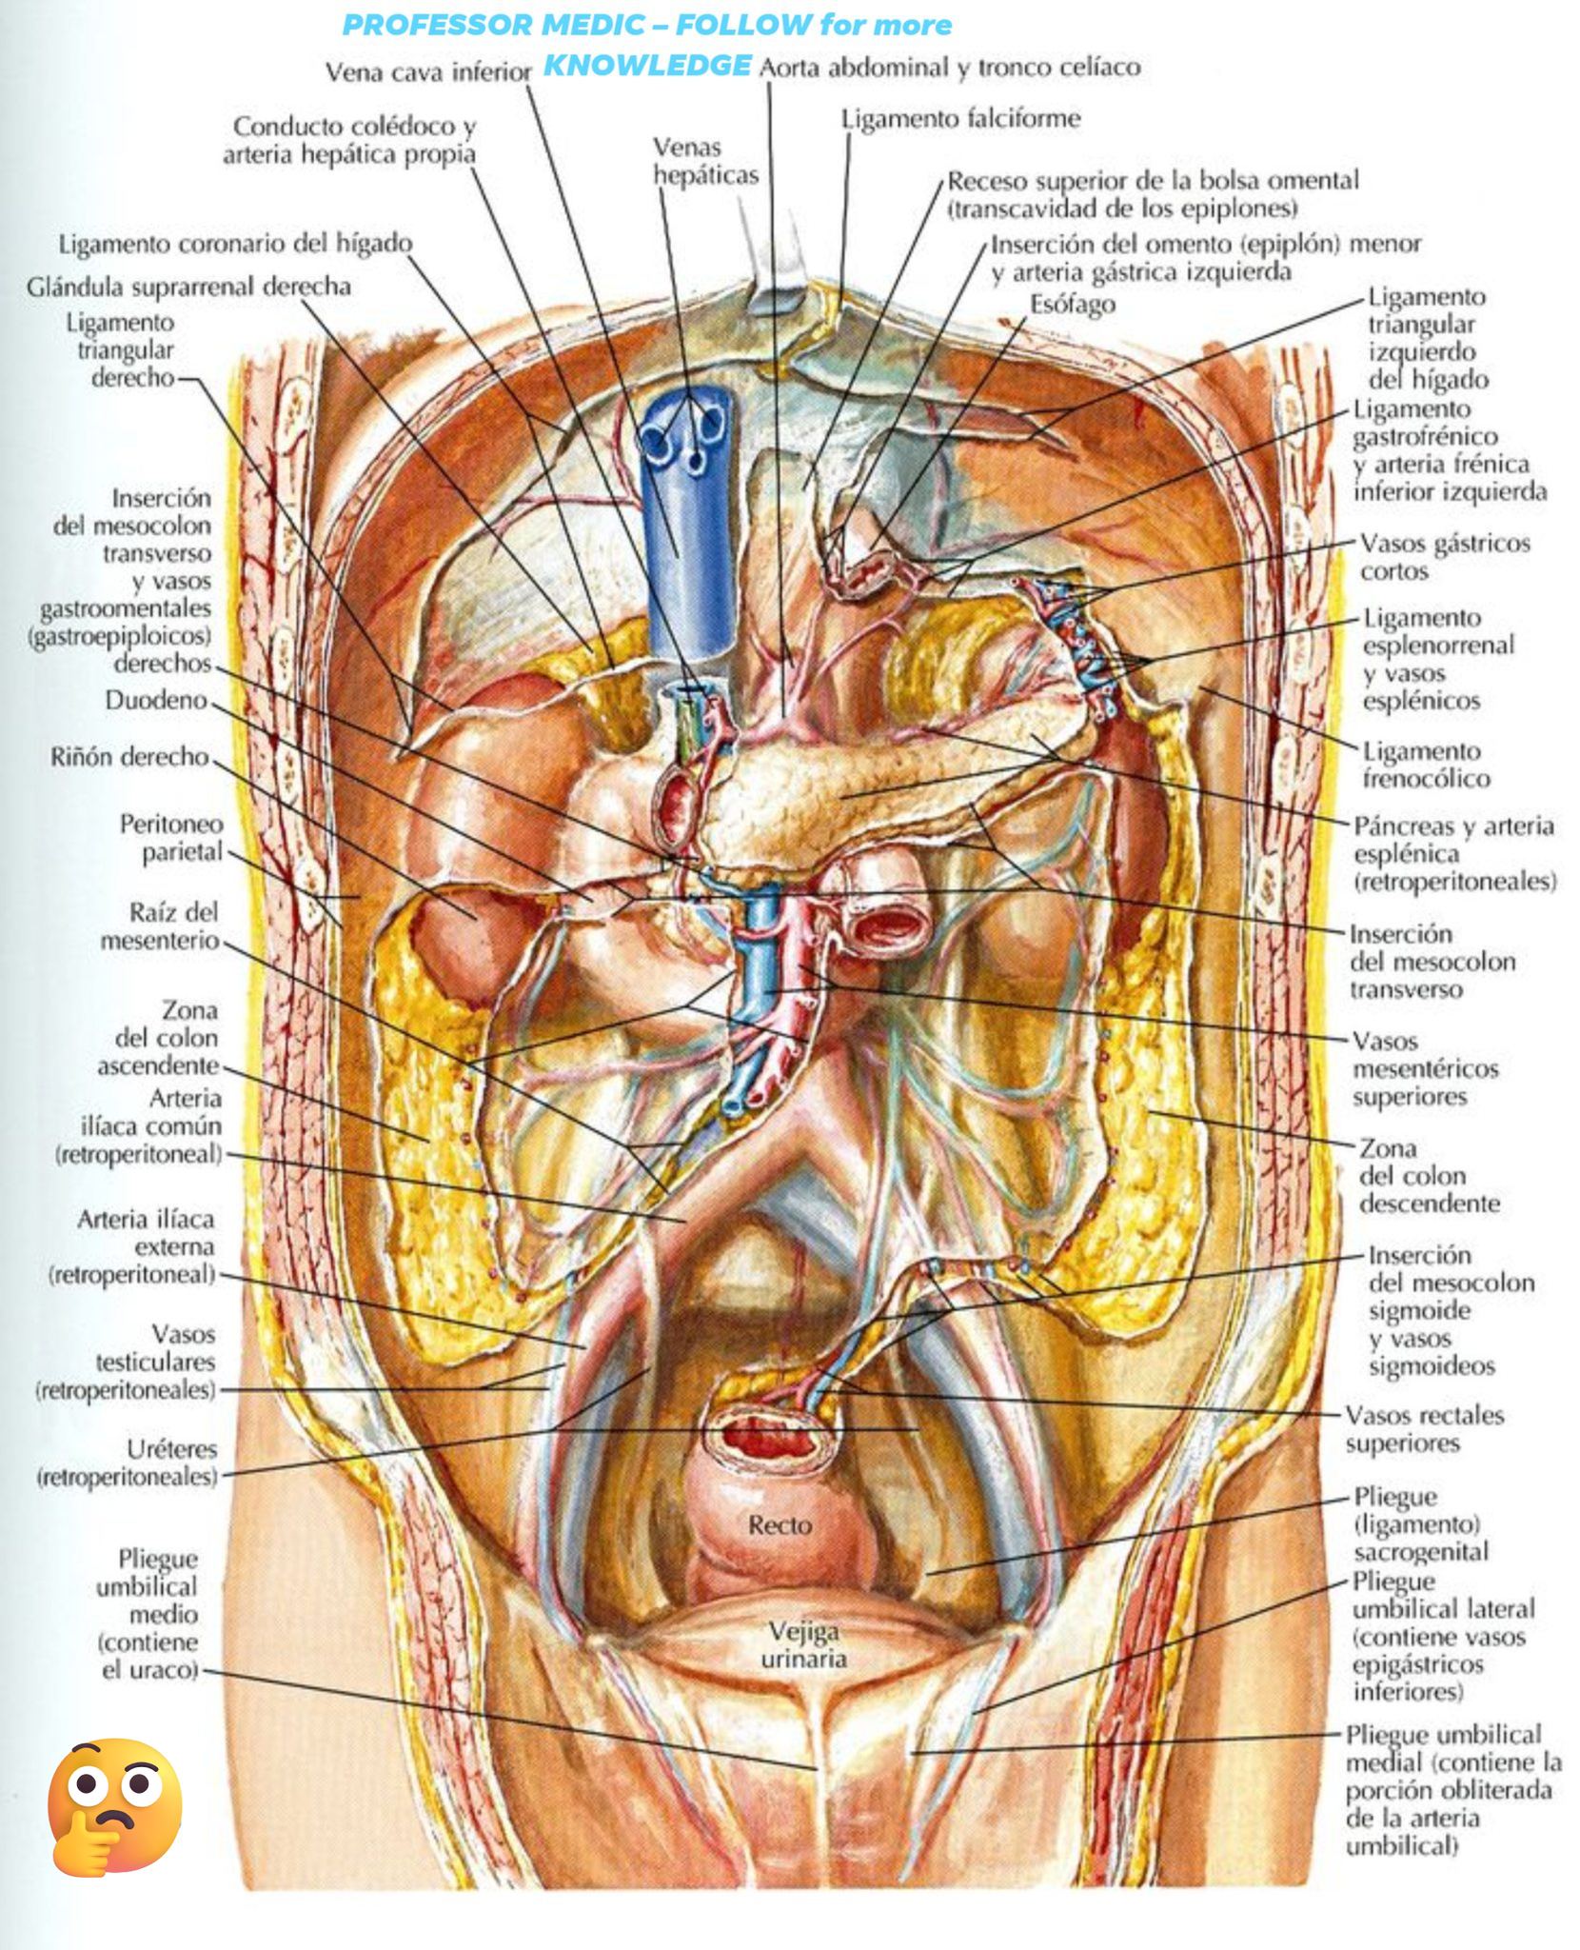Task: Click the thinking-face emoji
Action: (114, 1808)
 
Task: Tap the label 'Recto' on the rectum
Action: (780, 1524)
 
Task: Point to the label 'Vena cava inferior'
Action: (428, 72)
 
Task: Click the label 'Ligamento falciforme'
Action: (961, 119)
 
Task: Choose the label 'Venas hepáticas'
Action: (705, 161)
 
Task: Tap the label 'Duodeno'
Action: (156, 700)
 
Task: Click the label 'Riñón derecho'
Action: (129, 757)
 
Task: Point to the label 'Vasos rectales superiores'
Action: (1425, 1429)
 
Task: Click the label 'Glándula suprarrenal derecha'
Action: (189, 287)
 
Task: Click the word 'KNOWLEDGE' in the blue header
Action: (647, 65)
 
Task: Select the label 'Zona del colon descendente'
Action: (1429, 1176)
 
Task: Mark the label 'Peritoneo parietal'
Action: (172, 838)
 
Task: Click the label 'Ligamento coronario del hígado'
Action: (236, 244)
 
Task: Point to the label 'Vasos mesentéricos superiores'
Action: (1425, 1068)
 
